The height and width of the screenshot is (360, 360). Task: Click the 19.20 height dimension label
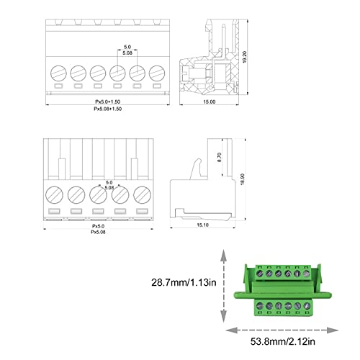pyautogui.click(x=245, y=57)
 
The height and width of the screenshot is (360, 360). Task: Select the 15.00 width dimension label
pyautogui.click(x=210, y=102)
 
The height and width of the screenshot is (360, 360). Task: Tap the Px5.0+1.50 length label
pyautogui.click(x=107, y=102)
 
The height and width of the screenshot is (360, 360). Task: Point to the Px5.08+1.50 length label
pyautogui.click(x=107, y=109)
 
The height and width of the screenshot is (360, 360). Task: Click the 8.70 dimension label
pyautogui.click(x=219, y=157)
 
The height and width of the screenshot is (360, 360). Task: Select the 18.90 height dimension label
pyautogui.click(x=243, y=179)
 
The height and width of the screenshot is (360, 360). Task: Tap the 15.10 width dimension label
pyautogui.click(x=202, y=225)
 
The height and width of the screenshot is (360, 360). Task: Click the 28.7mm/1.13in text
pyautogui.click(x=184, y=282)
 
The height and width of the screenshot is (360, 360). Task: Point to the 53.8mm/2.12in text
pyautogui.click(x=283, y=341)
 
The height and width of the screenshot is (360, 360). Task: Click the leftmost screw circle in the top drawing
pyautogui.click(x=58, y=73)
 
